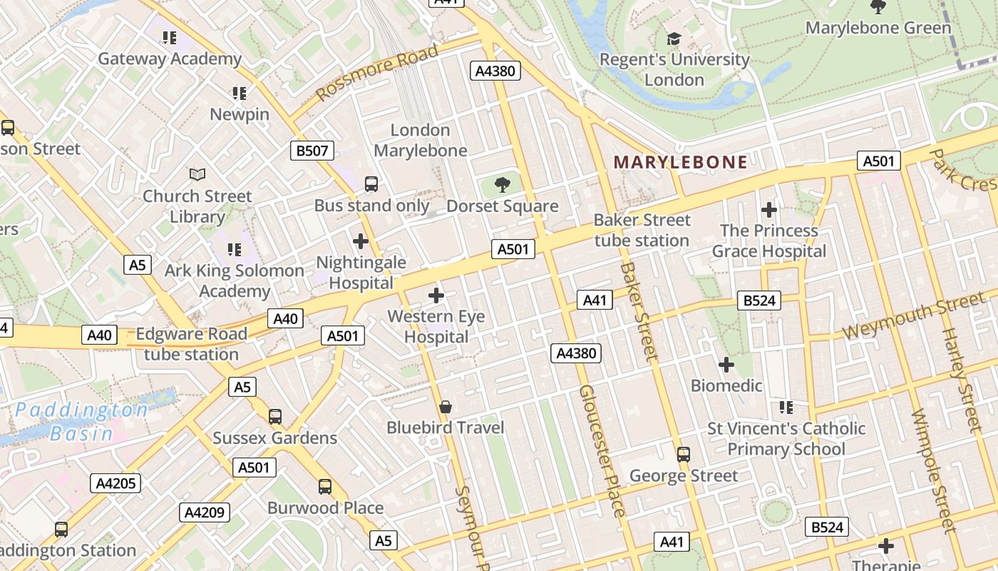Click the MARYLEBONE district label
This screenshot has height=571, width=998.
pos(680,162)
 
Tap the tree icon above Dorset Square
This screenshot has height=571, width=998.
pos(503,185)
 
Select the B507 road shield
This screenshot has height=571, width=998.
pos(312,150)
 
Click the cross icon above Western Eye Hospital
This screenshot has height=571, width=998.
pos(436,295)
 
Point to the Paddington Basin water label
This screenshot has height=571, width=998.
pos(81,421)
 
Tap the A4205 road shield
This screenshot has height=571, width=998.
pos(117,483)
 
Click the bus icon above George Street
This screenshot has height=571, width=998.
pos(683,454)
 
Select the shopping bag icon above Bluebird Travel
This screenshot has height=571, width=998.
pos(446,407)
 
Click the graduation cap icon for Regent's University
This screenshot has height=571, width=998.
pos(674,39)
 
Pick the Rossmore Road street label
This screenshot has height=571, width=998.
pos(377,73)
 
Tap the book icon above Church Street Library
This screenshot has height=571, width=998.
pos(197,174)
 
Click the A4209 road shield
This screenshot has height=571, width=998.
pos(205,512)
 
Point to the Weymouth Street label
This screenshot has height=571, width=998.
pos(914,317)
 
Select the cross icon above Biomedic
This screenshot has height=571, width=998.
pos(726,365)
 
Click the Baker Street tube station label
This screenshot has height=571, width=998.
pos(642,230)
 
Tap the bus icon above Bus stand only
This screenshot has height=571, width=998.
pos(371,184)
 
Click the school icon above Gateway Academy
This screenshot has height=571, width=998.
pos(169,37)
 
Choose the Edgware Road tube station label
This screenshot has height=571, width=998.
pos(191,343)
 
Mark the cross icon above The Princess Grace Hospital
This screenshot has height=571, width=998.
pos(768,210)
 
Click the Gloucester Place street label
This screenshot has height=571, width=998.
pos(602,450)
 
